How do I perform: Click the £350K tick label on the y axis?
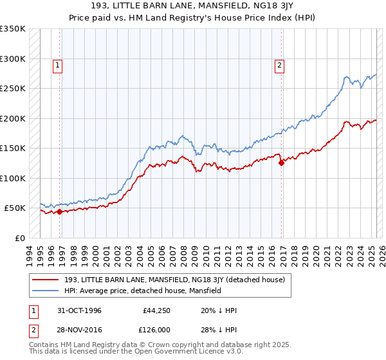(13, 29)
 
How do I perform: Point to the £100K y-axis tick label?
(13, 178)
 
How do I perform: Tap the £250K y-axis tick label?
(13, 89)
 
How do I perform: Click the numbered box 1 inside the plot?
(58, 64)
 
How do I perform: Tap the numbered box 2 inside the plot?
(280, 64)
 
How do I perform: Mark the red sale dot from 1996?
(60, 212)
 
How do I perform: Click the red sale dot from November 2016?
(281, 163)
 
